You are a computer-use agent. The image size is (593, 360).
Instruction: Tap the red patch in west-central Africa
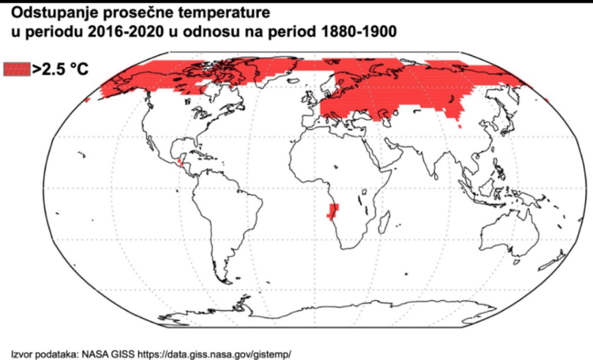(332, 210)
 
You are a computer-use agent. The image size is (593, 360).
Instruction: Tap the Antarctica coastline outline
(318, 314)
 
